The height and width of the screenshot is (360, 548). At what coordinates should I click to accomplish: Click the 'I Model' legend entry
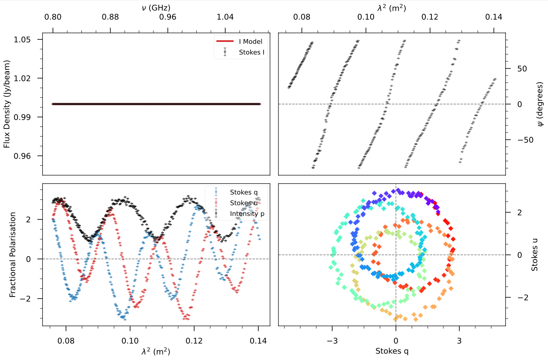pos(250,42)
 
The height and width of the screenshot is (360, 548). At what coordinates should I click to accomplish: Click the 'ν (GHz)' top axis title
pos(156,7)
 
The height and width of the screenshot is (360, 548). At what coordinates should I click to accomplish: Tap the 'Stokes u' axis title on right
pos(534,255)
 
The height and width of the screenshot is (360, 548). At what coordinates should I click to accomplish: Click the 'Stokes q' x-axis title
pos(392,351)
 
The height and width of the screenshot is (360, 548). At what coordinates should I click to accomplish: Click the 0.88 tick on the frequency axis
pos(111,18)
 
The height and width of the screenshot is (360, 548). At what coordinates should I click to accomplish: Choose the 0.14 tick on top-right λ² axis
pos(494,18)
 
